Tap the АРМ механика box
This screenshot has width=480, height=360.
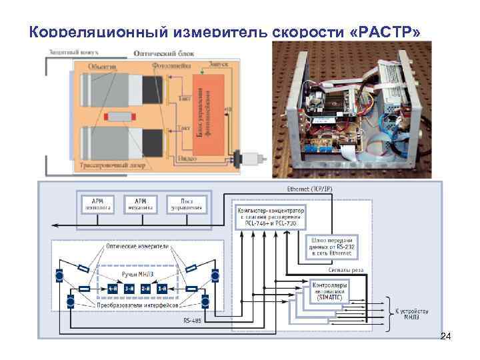[x=140, y=203]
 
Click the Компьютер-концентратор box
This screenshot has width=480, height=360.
[x=270, y=215]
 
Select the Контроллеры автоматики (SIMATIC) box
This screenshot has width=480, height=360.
[x=331, y=287]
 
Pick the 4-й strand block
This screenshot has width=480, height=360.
[x=112, y=288]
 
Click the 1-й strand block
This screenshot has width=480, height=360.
[x=161, y=288]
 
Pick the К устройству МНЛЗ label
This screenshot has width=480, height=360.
[x=411, y=313]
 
